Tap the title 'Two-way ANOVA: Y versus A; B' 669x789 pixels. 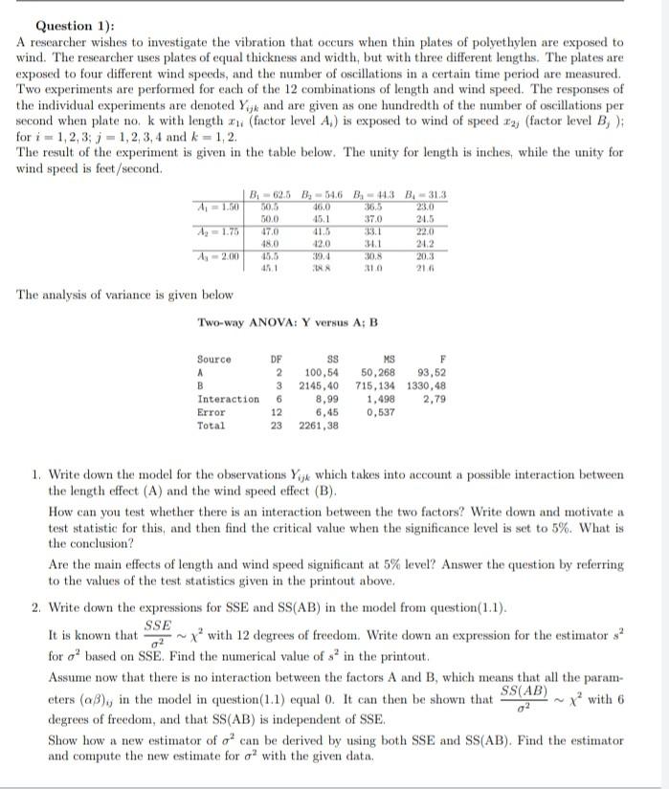tap(287, 322)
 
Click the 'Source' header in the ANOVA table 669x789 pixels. tap(214, 360)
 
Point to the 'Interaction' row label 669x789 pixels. tap(228, 399)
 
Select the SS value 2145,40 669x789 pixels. tap(320, 385)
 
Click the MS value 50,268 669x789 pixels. tap(380, 372)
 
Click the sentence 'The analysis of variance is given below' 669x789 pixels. tap(124, 296)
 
